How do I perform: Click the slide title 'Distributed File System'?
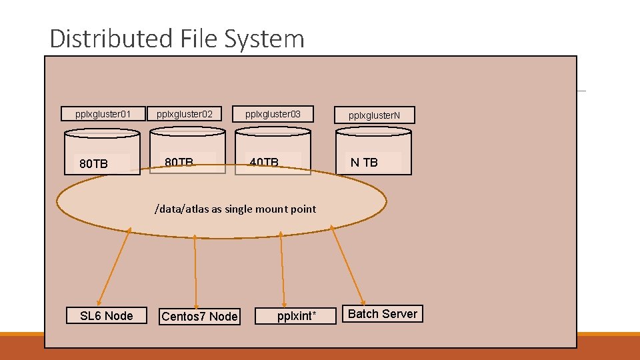pyautogui.click(x=177, y=39)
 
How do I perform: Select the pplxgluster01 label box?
pyautogui.click(x=103, y=114)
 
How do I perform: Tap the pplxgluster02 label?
pyautogui.click(x=185, y=114)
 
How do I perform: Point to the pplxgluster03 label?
pyautogui.click(x=273, y=114)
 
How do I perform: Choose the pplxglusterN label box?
pyautogui.click(x=374, y=115)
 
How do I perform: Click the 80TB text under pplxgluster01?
pyautogui.click(x=93, y=164)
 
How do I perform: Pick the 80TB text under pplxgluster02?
pyautogui.click(x=179, y=162)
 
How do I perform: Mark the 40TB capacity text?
pyautogui.click(x=264, y=162)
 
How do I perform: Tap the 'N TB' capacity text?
pyautogui.click(x=364, y=163)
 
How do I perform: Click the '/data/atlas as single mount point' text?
pyautogui.click(x=235, y=209)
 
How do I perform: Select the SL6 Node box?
pyautogui.click(x=106, y=315)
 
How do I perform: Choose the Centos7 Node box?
pyautogui.click(x=199, y=316)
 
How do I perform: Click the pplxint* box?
pyautogui.click(x=296, y=316)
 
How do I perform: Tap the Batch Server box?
pyautogui.click(x=383, y=313)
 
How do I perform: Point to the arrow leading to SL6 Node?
pyautogui.click(x=113, y=266)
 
